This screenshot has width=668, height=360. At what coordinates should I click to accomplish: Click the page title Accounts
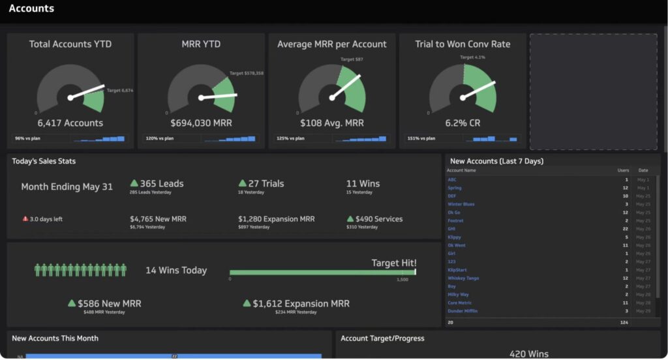pos(31,9)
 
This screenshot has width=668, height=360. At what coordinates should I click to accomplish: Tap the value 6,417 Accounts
pos(70,123)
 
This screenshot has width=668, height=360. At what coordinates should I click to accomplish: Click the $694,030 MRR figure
pos(201,123)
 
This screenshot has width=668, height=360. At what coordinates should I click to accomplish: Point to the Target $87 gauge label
pos(352,59)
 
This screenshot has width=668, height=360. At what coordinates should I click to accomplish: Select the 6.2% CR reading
pos(463,123)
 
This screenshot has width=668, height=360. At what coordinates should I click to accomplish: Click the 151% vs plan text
pos(421,138)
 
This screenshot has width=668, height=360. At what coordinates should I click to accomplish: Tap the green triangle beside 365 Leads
pos(134,184)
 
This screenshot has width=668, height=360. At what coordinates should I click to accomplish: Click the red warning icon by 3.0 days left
pos(25,219)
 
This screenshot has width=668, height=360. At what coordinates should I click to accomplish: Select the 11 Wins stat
pos(363,184)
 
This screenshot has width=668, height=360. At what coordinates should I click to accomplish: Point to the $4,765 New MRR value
pos(158,219)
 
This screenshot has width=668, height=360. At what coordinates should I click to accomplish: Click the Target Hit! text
pos(393,263)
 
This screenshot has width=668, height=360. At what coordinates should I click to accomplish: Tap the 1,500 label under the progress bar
pos(402,279)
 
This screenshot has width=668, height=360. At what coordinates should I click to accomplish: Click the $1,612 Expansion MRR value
pos(301,303)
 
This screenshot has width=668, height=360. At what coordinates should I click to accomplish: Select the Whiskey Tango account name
pos(463,278)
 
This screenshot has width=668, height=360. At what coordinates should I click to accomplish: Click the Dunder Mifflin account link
pos(463,311)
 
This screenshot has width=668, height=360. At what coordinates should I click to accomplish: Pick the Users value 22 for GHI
pos(625,229)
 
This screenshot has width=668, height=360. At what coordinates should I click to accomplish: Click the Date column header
pos(643,170)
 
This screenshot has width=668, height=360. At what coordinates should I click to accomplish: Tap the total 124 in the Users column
pos(624,322)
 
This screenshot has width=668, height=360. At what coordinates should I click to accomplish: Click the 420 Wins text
pos(528,353)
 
